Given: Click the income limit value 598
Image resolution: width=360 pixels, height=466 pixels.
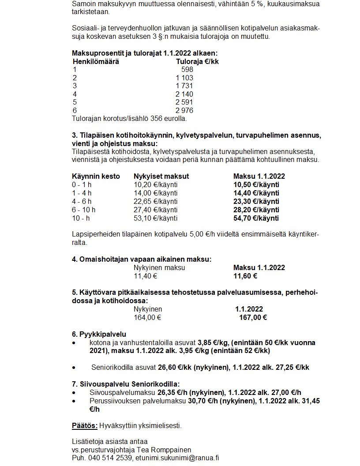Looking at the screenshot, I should [x=187, y=70].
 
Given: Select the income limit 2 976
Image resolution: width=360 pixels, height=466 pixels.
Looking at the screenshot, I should [x=184, y=110].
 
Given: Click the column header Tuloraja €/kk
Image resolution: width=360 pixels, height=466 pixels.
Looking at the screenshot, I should [x=197, y=61].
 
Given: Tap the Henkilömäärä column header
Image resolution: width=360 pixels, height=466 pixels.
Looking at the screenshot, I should [x=96, y=61].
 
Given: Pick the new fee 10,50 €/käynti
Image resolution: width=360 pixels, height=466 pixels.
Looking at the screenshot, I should [x=256, y=185].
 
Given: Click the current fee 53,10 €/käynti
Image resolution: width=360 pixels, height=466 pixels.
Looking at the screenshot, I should [x=155, y=218].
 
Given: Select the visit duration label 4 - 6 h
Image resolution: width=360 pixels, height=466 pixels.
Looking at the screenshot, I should [x=82, y=201].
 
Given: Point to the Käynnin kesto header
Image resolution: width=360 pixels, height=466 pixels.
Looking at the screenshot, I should [x=96, y=177].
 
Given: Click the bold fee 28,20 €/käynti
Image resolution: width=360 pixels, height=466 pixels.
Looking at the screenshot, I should [x=256, y=210].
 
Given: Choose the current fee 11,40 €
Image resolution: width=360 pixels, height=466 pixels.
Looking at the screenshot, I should [x=146, y=276].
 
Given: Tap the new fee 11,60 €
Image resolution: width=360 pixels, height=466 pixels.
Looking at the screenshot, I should [x=245, y=276].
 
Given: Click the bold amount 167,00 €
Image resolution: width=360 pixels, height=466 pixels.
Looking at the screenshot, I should [x=253, y=317].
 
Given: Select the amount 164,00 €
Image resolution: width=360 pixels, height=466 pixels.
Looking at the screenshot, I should [x=147, y=317].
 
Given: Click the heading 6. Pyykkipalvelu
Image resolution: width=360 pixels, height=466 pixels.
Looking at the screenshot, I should [x=99, y=334].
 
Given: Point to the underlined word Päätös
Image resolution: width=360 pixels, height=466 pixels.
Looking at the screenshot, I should [x=84, y=426].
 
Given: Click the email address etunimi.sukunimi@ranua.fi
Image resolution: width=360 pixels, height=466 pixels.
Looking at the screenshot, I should [x=177, y=458].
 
